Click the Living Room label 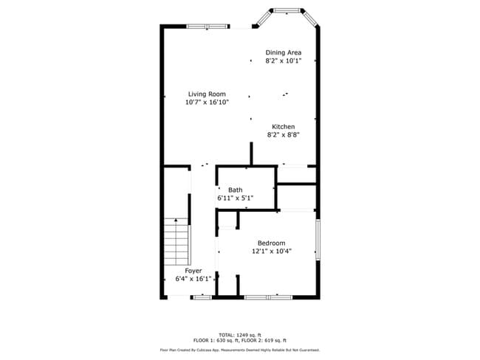(207, 94)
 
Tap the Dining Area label (284, 52)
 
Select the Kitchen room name (284, 126)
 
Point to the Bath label (235, 190)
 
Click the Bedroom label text (271, 243)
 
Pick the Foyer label (193, 270)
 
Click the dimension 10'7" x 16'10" (207, 103)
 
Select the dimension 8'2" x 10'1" (284, 61)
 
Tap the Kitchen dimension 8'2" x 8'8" (284, 134)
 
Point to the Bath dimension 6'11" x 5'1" (235, 198)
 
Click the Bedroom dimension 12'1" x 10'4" (271, 251)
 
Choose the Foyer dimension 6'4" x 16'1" (193, 279)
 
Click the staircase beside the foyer (176, 243)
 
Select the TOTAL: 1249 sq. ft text (239, 333)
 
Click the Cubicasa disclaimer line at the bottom (239, 350)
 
